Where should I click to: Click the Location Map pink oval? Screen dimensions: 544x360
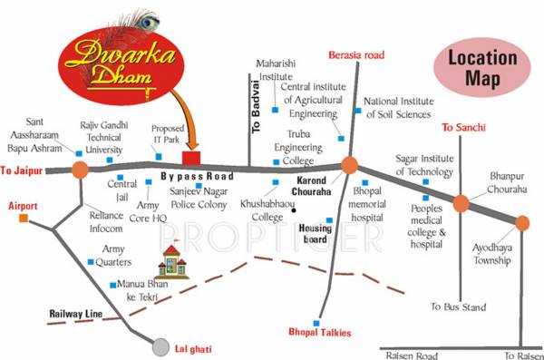click(483, 69)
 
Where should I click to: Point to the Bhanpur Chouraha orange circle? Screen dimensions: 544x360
click(461, 203)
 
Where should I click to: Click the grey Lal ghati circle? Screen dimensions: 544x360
click(160, 345)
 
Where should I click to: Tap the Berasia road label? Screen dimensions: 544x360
click(356, 55)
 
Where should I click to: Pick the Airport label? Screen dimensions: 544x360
click(23, 207)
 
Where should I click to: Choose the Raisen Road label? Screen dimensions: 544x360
click(410, 355)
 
